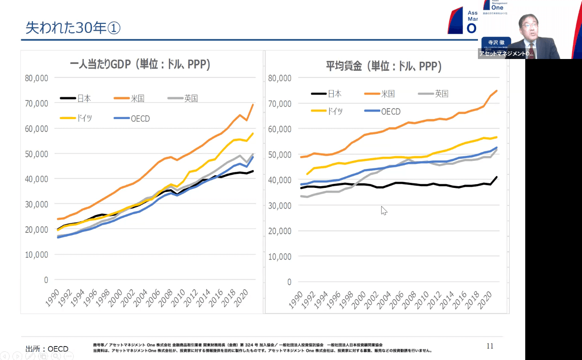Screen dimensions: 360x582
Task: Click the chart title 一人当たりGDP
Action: tap(140, 64)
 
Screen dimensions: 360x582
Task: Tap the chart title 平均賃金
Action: tap(383, 66)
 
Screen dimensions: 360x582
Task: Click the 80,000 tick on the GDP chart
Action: tap(36, 78)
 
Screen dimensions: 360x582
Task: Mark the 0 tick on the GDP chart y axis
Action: tap(45, 280)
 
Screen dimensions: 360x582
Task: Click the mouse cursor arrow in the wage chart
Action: tap(384, 210)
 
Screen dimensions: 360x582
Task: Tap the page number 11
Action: tap(490, 346)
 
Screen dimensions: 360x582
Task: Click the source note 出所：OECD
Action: tap(47, 349)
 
